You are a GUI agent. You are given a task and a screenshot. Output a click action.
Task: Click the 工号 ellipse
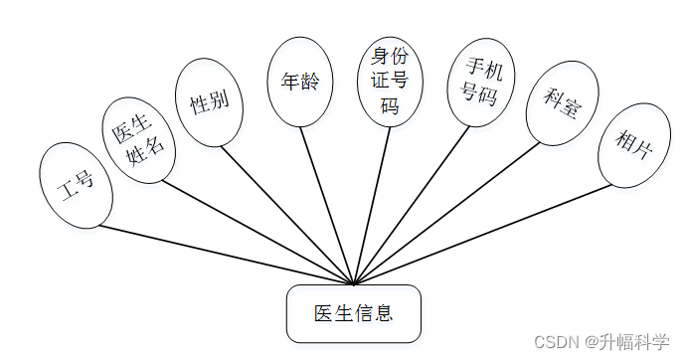(77, 186)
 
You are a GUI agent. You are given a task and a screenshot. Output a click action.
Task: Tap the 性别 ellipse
(210, 101)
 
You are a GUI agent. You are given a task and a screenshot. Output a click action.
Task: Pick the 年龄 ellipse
(299, 83)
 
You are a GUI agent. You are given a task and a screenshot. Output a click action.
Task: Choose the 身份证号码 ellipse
(390, 81)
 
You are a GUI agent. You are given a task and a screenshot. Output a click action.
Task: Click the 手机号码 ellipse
(483, 82)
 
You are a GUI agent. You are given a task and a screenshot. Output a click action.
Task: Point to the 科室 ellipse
(562, 103)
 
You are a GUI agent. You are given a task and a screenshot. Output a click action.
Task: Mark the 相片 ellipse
(634, 145)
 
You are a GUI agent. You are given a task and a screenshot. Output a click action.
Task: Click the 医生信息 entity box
(354, 314)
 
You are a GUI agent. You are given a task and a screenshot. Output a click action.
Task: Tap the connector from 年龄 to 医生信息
(328, 207)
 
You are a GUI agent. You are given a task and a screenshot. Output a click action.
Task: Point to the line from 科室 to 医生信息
(447, 213)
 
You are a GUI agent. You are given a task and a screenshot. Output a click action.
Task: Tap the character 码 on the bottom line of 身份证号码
(390, 105)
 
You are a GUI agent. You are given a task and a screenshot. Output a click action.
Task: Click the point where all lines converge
(354, 284)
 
